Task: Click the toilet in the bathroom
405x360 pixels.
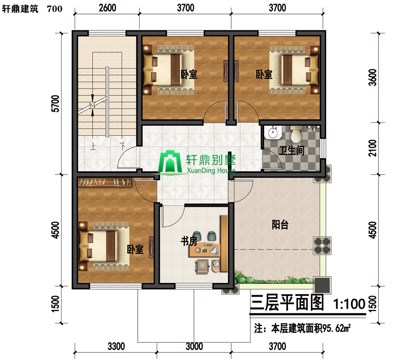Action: pyautogui.click(x=296, y=134)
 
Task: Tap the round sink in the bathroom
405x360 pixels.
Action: pyautogui.click(x=273, y=133)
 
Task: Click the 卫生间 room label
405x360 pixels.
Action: pyautogui.click(x=292, y=150)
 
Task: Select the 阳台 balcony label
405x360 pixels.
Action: pyautogui.click(x=280, y=225)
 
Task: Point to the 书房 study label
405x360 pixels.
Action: pyautogui.click(x=189, y=241)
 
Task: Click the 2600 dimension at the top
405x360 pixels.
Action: pyautogui.click(x=108, y=8)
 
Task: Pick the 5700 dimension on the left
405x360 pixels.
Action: pyautogui.click(x=55, y=103)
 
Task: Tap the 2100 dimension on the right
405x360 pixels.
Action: pyautogui.click(x=373, y=148)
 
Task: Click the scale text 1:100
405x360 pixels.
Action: pyautogui.click(x=349, y=304)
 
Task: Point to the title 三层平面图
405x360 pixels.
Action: pyautogui.click(x=287, y=303)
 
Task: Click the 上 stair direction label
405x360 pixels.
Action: pyautogui.click(x=93, y=146)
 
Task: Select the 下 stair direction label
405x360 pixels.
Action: pyautogui.click(x=122, y=146)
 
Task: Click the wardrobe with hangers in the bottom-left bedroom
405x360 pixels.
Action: pyautogui.click(x=104, y=182)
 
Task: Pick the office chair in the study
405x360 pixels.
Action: pyautogui.click(x=202, y=266)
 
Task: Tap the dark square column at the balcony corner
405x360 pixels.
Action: pyautogui.click(x=322, y=285)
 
